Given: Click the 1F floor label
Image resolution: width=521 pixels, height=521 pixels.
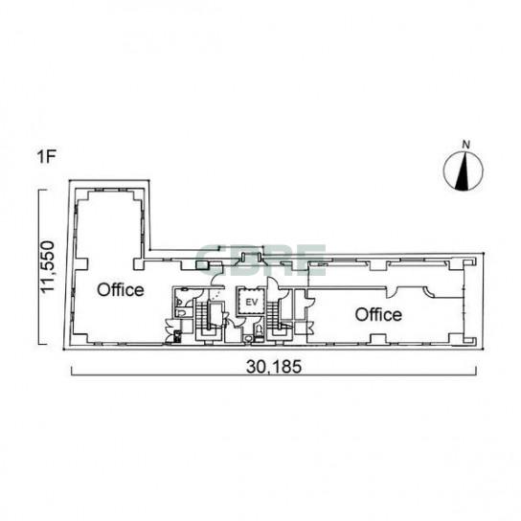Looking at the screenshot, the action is [x=46, y=157].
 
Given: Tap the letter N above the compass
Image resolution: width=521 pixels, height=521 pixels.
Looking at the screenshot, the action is [x=466, y=145].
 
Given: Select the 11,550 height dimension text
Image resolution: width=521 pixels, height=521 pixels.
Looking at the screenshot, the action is [x=47, y=267].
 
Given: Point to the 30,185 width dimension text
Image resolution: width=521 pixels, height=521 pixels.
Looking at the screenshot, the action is [x=274, y=367].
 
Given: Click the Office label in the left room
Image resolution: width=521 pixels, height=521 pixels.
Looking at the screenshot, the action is [x=121, y=290].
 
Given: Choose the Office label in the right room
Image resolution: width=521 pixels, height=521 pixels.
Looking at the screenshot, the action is [x=378, y=314].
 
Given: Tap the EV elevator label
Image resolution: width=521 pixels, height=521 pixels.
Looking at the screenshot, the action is [x=252, y=303].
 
